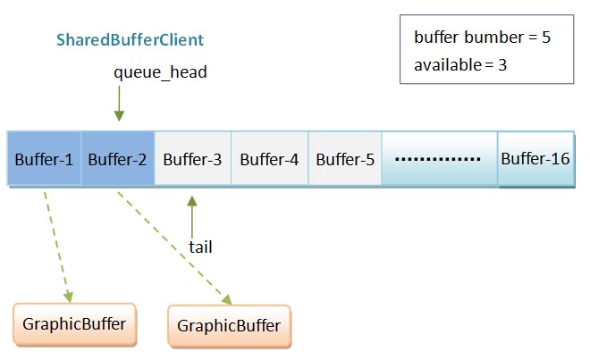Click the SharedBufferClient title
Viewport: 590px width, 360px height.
(x=131, y=40)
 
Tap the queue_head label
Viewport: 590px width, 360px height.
(x=160, y=72)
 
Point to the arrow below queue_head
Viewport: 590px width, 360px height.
(x=119, y=105)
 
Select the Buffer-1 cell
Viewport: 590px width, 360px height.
(x=44, y=160)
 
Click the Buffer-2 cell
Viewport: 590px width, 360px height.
(x=117, y=160)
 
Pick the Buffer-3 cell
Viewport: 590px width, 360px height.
(x=192, y=160)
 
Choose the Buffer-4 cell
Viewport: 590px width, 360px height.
(x=269, y=160)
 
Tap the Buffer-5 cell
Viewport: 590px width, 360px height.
(x=344, y=160)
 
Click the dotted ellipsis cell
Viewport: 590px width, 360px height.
(x=438, y=160)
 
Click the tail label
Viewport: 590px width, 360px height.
(x=201, y=246)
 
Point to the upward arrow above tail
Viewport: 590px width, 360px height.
(x=191, y=214)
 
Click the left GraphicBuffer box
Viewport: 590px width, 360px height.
(x=75, y=323)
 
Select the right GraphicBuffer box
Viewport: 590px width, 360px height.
(x=229, y=325)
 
